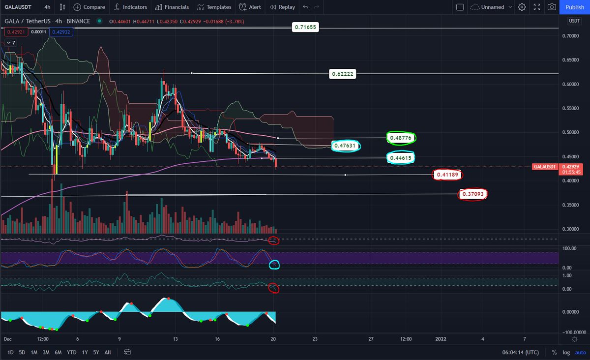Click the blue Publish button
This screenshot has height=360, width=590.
point(575,7)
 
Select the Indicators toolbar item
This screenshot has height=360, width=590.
point(130,7)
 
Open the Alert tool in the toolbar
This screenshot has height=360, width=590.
point(250,7)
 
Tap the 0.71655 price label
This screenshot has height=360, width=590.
point(306,28)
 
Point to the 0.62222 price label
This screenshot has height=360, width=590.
point(343,74)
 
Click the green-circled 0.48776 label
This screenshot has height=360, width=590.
point(401,138)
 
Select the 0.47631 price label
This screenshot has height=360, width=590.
point(346,146)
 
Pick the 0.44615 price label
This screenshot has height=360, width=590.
point(401,158)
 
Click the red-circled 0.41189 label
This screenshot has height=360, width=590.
point(447,175)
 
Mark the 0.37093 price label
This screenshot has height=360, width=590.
point(473,195)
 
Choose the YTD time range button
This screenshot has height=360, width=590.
point(71,352)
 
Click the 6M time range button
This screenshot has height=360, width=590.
point(58,352)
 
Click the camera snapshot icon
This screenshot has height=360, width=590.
point(552,7)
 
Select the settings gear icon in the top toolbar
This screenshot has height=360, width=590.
point(522,7)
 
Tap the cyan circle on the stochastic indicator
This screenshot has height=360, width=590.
point(274,265)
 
